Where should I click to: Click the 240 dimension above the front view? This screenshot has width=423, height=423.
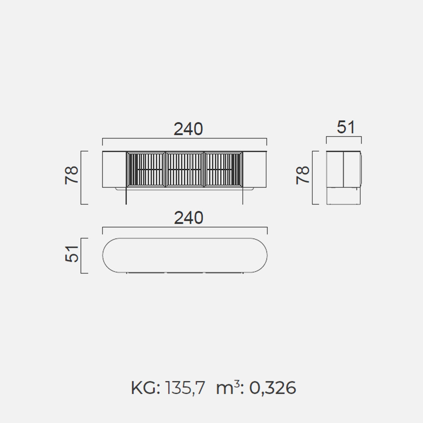188,129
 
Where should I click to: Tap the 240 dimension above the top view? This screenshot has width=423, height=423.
189,218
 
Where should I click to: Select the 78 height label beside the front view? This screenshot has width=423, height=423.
72,175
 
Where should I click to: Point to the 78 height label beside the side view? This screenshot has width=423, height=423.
302,175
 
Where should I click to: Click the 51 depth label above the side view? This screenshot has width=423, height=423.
346,127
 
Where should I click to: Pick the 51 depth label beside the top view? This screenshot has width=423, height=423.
72,254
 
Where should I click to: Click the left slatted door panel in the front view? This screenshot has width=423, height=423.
146,170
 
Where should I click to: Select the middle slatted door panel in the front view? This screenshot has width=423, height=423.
185,170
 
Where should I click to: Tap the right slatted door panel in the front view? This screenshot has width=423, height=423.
223,170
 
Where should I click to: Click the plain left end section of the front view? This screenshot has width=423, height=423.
114,170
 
